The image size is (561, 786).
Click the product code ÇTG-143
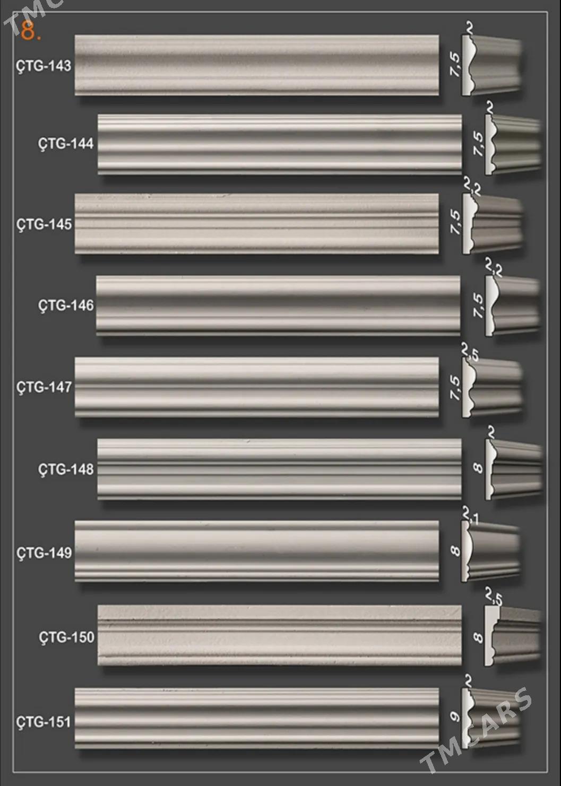point(44,66)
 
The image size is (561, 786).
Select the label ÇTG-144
point(66,144)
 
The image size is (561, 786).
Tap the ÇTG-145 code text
point(44,224)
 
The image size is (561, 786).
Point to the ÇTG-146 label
point(66,305)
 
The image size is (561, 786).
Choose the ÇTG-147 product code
point(44,387)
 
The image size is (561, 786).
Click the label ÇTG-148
point(66,469)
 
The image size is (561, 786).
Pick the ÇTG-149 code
point(44,553)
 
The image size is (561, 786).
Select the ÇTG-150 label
point(67,637)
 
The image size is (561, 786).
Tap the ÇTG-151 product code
point(44,722)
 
